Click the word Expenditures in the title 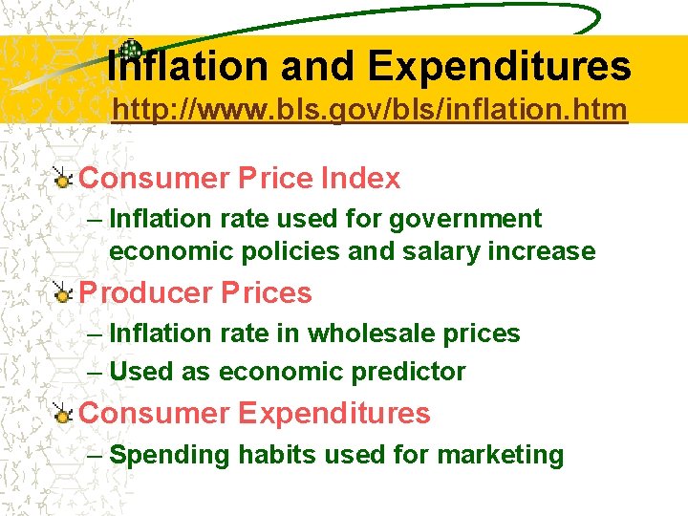point(499,67)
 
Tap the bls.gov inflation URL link point(370,110)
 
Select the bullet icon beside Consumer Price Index point(62,179)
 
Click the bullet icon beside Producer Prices point(62,293)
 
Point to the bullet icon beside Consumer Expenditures point(62,414)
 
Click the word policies point(294,251)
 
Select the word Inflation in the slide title point(187,67)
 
